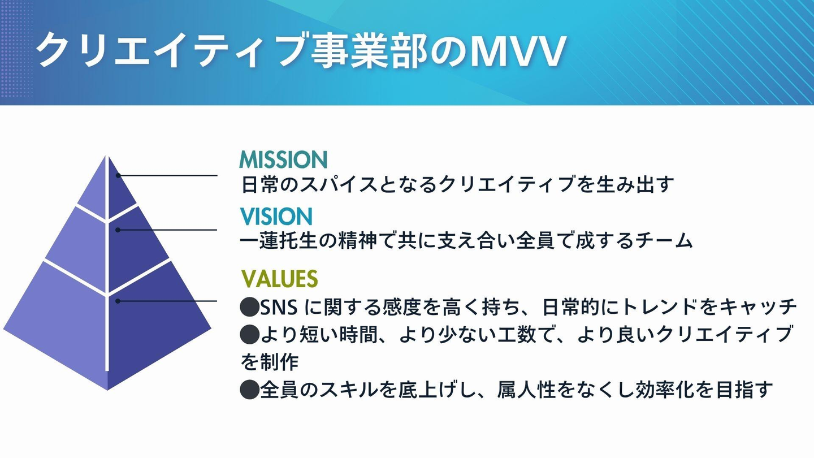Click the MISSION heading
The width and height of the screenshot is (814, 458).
coord(283,160)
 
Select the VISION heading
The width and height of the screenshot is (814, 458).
coord(276,217)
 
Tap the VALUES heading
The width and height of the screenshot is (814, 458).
coord(279,279)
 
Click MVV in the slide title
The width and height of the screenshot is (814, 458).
coord(517,51)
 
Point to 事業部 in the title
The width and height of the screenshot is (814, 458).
coord(369,51)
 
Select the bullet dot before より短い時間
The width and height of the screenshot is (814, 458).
coord(250,334)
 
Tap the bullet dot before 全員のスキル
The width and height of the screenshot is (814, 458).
coord(250,390)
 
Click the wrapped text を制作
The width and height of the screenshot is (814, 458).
coord(269,362)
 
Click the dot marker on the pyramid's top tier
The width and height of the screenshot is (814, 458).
coord(118,175)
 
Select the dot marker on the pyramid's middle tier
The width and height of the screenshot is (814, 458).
coord(118,230)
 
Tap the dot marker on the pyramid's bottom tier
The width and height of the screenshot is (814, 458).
coord(118,301)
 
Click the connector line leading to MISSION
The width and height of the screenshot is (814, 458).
coord(167,175)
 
